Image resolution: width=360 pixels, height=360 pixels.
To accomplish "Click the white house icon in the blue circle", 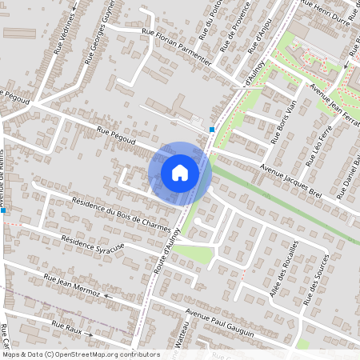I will (x=180, y=172).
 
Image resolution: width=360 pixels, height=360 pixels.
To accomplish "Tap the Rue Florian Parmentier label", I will (x=177, y=45).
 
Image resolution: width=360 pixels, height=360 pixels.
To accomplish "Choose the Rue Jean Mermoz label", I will (x=72, y=286).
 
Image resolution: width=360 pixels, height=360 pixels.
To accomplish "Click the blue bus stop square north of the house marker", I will (x=212, y=130).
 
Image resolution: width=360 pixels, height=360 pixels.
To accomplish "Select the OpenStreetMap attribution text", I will (x=80, y=354).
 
